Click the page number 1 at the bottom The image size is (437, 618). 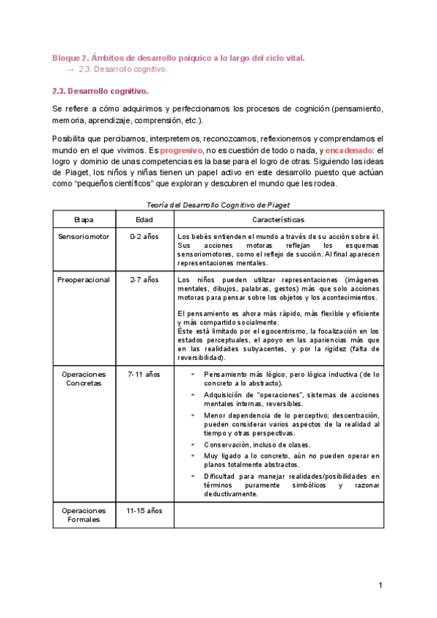tap(380, 585)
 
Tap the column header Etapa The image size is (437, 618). tap(84, 219)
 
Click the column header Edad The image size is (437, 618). tap(144, 219)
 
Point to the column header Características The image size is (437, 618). tap(279, 219)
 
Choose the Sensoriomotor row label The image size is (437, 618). tap(84, 237)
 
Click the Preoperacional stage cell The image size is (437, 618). tap(84, 279)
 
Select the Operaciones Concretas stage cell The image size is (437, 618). tap(84, 378)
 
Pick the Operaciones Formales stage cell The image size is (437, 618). tap(84, 515)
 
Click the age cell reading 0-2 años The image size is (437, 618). tap(144, 237)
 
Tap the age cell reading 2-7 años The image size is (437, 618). tap(144, 279)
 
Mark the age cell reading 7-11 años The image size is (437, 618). tap(144, 374)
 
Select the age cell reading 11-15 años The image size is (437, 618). tap(144, 511)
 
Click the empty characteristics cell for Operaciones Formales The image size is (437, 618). tap(279, 516)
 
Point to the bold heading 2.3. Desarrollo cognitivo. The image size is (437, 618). tap(101, 91)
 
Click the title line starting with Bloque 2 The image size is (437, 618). tap(178, 57)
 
